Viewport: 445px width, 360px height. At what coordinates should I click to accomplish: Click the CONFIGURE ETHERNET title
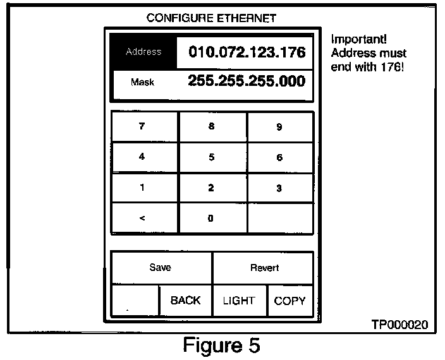pos(211,18)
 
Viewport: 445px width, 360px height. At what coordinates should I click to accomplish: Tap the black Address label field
pos(143,52)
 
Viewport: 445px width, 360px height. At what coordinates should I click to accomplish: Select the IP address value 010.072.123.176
pos(247,52)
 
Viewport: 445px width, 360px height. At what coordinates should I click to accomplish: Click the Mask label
pos(143,82)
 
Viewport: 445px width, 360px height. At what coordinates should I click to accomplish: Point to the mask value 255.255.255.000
pos(247,81)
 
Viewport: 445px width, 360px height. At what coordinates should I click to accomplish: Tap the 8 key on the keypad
pos(211,126)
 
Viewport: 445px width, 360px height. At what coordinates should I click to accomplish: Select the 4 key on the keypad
pos(142,157)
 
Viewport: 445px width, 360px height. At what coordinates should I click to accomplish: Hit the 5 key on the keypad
pos(211,157)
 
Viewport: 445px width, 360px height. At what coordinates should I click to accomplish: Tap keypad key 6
pos(279,157)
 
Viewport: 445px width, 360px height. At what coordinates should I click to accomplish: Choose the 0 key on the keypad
pos(211,219)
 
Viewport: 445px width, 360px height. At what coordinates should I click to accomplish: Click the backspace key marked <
pos(142,219)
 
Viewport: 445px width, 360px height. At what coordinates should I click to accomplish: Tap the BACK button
pos(185,301)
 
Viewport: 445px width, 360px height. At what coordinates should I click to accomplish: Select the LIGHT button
pos(239,301)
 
